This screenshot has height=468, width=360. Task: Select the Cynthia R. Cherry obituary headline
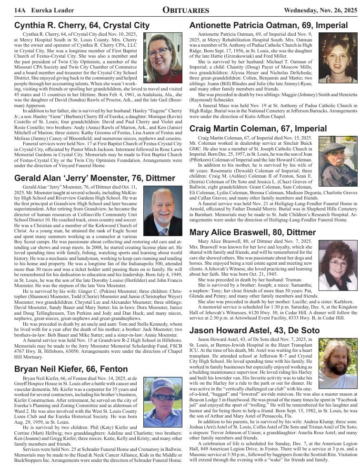click(x=82, y=25)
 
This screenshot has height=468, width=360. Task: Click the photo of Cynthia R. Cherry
click(x=162, y=58)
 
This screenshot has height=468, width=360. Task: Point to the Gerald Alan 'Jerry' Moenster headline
click(x=95, y=178)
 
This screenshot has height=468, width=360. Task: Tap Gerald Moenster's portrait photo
click(x=162, y=211)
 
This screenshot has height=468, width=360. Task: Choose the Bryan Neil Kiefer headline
click(x=71, y=369)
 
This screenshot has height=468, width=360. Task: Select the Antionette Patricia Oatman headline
click(x=269, y=25)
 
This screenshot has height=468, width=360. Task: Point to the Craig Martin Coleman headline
click(x=258, y=129)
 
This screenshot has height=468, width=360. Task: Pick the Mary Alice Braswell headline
click(x=252, y=233)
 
